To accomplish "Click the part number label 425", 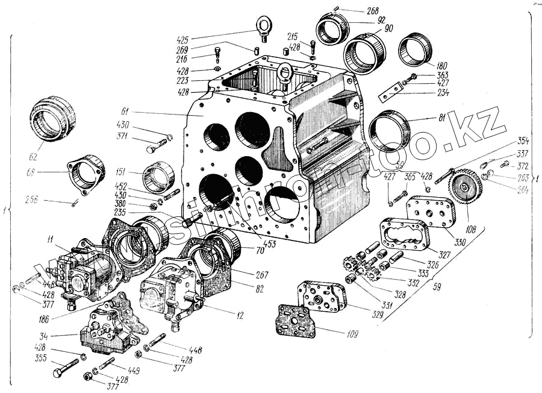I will [182, 40].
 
